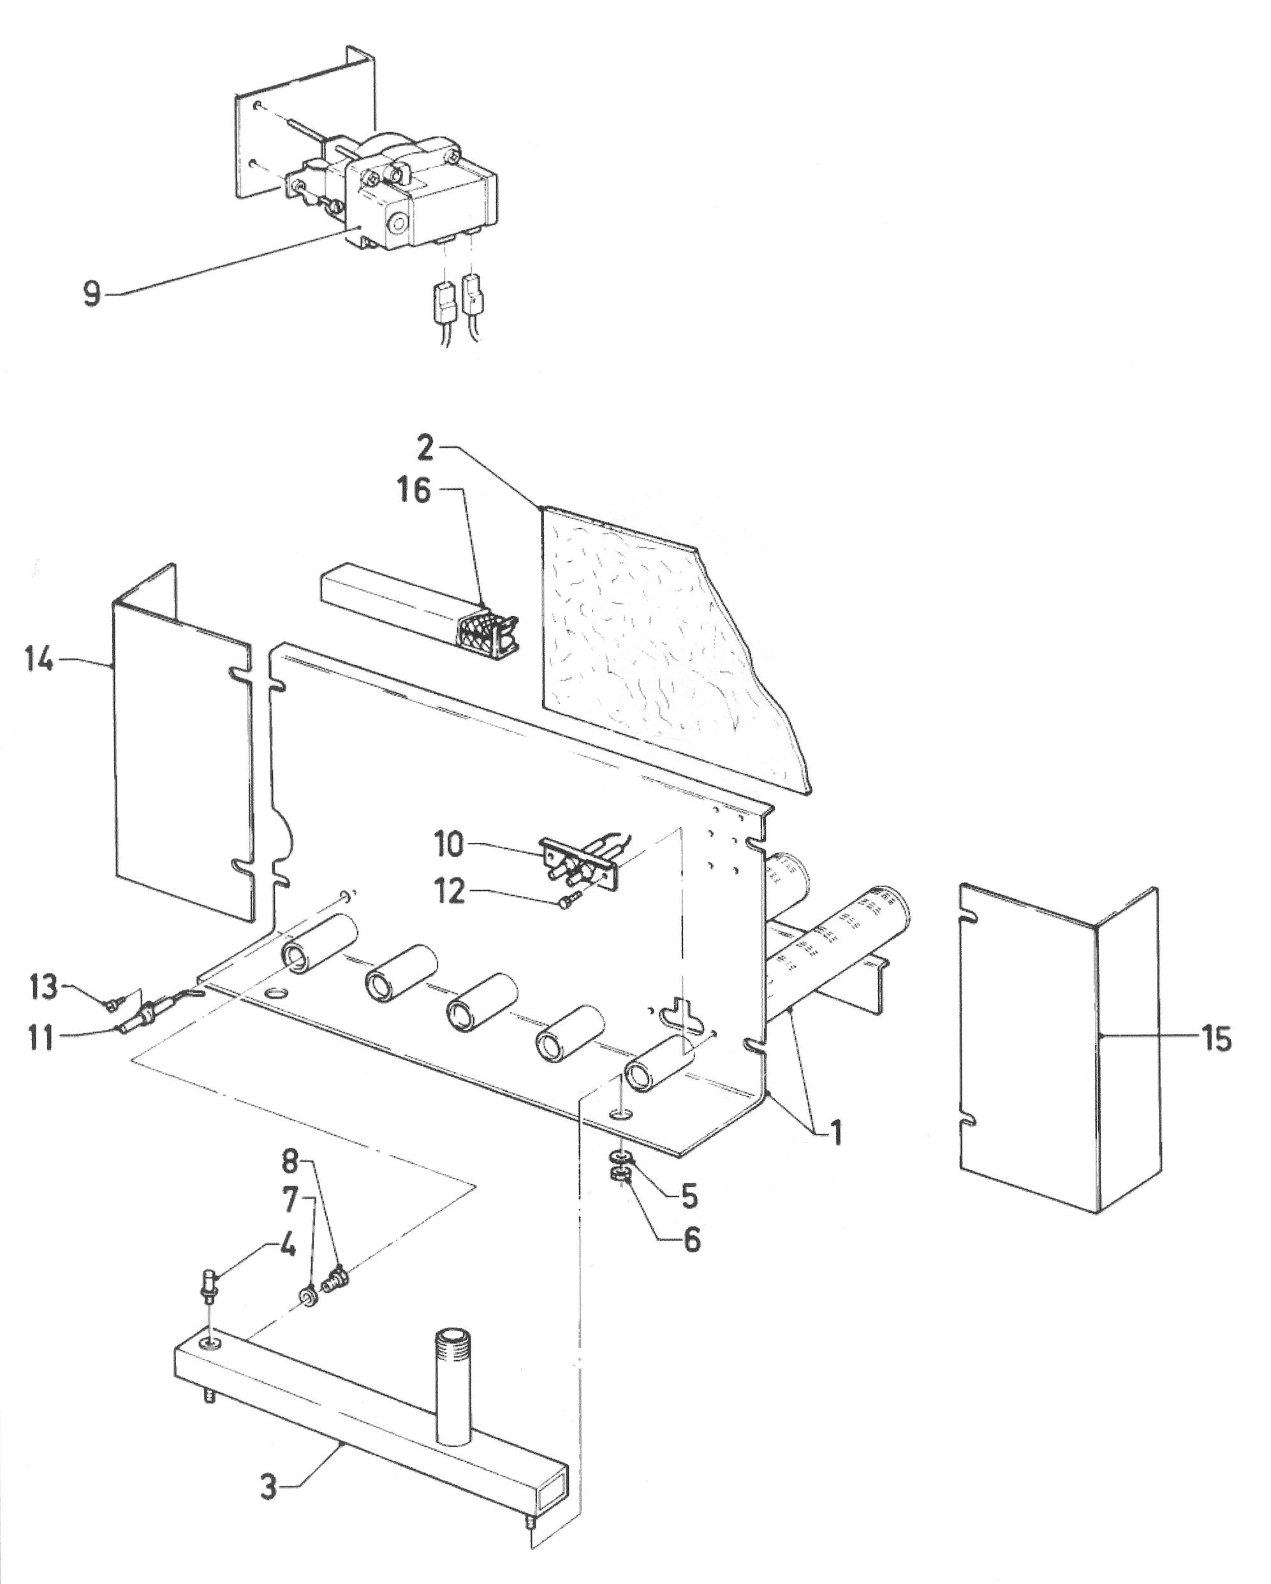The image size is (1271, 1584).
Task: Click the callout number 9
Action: tap(92, 294)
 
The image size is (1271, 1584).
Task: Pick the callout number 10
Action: tap(448, 845)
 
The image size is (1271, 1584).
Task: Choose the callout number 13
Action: tap(44, 986)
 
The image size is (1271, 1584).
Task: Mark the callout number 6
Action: tap(691, 1240)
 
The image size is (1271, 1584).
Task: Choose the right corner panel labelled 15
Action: tap(1059, 1051)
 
